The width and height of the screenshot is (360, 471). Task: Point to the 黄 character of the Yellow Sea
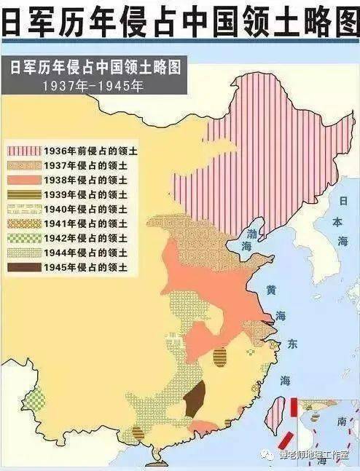[271, 290]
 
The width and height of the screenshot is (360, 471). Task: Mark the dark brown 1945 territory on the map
[193, 400]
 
